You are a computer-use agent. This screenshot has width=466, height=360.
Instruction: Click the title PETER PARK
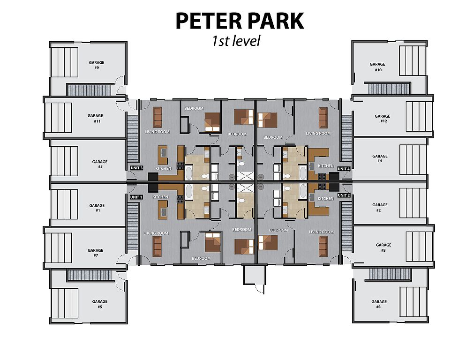pos(240,21)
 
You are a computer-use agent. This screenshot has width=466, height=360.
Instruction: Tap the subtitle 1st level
pos(236,41)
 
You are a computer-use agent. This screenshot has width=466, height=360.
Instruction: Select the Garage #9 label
pos(96,65)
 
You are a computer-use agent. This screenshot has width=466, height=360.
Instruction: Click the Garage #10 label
pos(377,67)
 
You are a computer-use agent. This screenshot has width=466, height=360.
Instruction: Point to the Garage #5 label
pos(100,304)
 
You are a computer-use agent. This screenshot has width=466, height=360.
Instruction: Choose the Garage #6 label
pos(379,304)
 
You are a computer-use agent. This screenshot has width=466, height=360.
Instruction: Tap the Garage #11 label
pos(95,119)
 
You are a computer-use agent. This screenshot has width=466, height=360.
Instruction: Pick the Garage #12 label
pos(383,119)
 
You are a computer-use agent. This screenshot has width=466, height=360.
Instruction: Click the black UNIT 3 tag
pos(136,168)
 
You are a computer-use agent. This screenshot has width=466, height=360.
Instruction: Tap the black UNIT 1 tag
pos(136,197)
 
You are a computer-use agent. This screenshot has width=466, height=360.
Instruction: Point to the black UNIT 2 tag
pos(344,195)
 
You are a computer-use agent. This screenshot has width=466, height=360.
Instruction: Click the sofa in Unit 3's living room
pos(157,117)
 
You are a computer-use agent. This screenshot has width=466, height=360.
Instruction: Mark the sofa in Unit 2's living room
pos(323,246)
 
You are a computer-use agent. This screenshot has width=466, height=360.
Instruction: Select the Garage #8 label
pos(383,247)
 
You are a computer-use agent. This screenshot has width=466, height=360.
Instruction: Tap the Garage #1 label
pos(97,208)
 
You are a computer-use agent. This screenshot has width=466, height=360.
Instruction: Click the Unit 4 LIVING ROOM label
pos(318,134)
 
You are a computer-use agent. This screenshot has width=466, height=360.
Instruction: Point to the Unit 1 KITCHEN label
pos(160,197)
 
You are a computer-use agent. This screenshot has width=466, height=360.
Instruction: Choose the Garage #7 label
pos(95,253)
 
